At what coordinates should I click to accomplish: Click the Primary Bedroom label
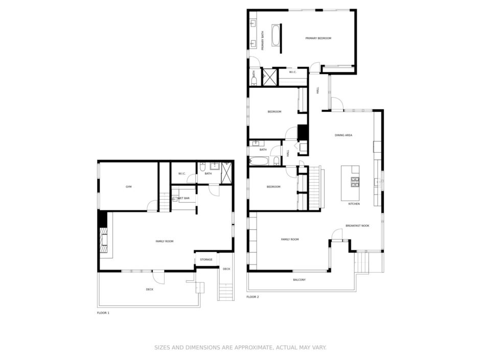coord(318,38)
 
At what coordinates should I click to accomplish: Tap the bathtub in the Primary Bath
coord(275,35)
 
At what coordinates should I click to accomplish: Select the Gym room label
coord(128,186)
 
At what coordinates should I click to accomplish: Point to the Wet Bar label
coord(184,198)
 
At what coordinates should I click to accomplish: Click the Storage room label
coord(206,259)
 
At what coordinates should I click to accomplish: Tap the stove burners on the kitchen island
coord(355,182)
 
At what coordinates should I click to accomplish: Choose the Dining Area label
coord(343,135)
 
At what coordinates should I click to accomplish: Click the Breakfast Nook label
coord(357,226)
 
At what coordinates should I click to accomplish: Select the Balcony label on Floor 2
coord(299,280)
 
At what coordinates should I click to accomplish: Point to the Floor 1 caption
coord(103,313)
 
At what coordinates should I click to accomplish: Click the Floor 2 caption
coord(253,297)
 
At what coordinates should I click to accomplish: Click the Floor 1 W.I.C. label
coord(182,174)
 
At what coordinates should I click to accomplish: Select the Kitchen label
coord(354,204)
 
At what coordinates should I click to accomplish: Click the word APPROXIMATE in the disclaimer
coord(254,347)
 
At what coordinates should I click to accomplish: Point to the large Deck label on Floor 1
coord(149,289)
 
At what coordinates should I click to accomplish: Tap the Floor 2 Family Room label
coord(290,239)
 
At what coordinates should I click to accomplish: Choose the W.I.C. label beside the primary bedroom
coord(293,72)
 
